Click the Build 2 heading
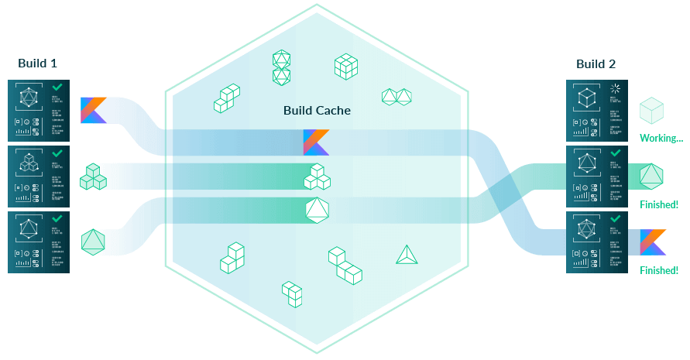[596, 63]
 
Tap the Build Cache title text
[317, 111]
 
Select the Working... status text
[661, 139]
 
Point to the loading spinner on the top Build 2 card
[615, 88]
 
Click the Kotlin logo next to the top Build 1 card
[94, 110]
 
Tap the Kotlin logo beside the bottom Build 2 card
[653, 242]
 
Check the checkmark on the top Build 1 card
[57, 88]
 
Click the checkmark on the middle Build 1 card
[57, 154]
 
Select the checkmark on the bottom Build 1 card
[57, 220]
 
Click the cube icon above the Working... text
[651, 110]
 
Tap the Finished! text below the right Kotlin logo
[659, 270]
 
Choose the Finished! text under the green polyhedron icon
[659, 204]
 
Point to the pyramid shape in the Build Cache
[407, 255]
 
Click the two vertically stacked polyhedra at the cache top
[281, 67]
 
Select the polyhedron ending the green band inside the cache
[318, 210]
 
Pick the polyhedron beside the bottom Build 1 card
[93, 242]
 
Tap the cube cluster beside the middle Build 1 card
[94, 177]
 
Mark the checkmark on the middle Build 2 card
[616, 154]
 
